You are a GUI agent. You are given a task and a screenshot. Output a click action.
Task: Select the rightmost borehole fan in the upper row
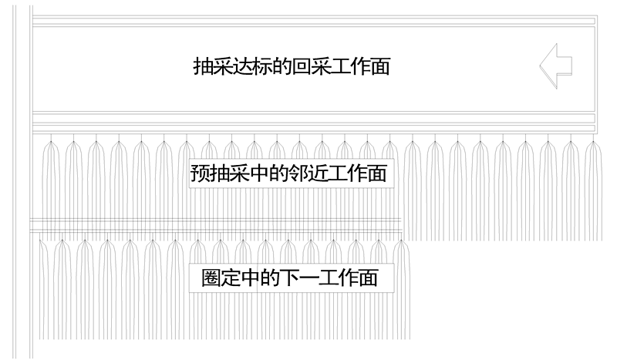click(592, 185)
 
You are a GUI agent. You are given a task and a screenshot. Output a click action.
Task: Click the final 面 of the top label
click(379, 66)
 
